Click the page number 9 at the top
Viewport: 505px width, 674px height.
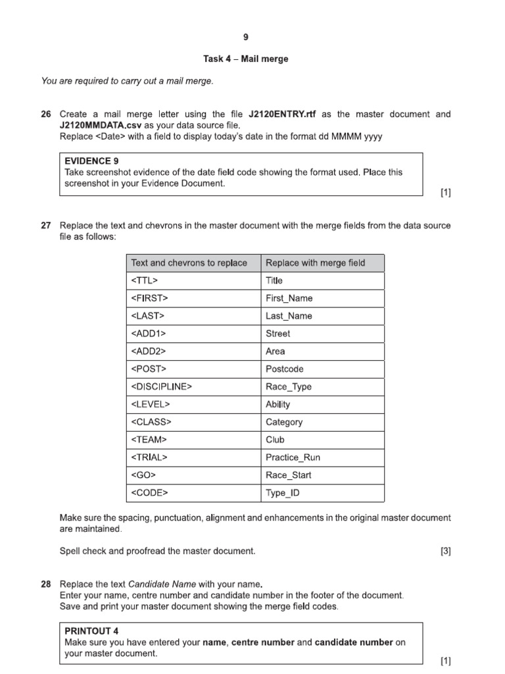(x=246, y=37)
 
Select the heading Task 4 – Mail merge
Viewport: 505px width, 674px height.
(x=246, y=59)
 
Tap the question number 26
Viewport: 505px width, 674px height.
(x=46, y=115)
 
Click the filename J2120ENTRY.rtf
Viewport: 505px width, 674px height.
(x=283, y=115)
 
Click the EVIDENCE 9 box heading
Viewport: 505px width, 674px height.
(x=92, y=161)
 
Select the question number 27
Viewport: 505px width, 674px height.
(x=46, y=226)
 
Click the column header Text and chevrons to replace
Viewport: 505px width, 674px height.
(x=189, y=263)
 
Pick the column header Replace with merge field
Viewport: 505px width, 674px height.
(x=315, y=263)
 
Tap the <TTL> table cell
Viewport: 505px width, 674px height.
(x=145, y=281)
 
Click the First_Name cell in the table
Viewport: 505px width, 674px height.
(x=289, y=299)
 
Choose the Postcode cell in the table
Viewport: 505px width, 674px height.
(x=285, y=369)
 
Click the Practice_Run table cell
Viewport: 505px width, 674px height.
(x=293, y=457)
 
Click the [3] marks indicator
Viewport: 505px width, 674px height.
(x=445, y=551)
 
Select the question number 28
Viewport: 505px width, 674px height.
(x=46, y=584)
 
